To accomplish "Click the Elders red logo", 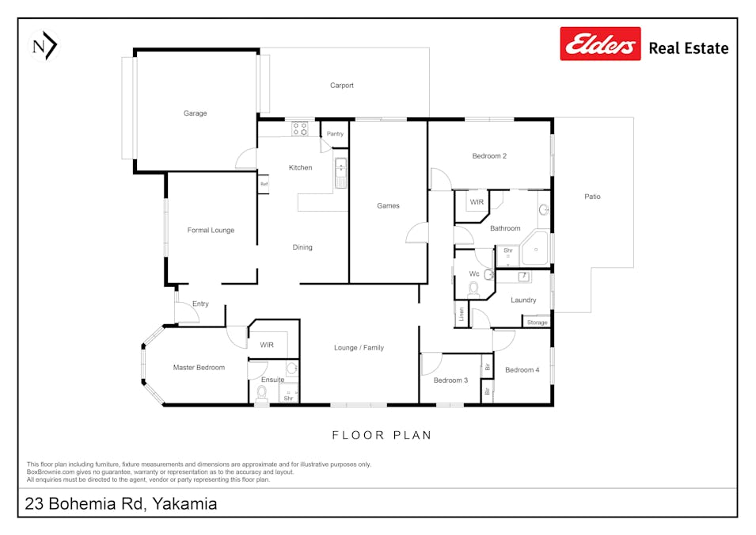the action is click(x=600, y=44).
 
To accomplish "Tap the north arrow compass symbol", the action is click(x=44, y=46).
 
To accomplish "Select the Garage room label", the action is click(x=195, y=113).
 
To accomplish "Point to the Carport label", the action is click(x=342, y=85).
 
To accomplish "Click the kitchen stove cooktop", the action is click(x=299, y=129).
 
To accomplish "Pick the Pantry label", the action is click(x=335, y=134).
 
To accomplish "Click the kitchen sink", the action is click(x=341, y=173).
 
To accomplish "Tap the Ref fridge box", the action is click(x=264, y=184).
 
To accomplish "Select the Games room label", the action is click(x=388, y=206).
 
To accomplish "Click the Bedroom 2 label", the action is click(x=489, y=156).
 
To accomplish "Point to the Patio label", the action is click(x=593, y=197).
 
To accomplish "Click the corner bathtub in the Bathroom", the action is click(x=535, y=248).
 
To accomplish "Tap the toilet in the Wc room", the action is click(x=473, y=289).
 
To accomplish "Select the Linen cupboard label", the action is click(x=462, y=315).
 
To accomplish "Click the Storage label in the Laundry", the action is click(x=537, y=322).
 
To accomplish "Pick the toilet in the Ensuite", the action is click(x=262, y=393).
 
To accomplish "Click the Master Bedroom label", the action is click(x=199, y=368).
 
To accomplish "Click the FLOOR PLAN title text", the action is click(x=382, y=435).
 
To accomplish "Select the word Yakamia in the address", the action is click(x=184, y=503).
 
